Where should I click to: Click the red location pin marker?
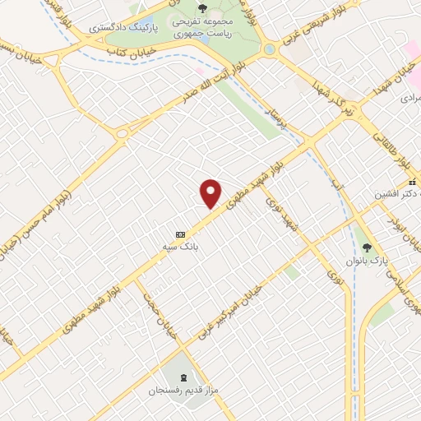tap(211, 192)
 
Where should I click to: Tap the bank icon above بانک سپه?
tap(181, 231)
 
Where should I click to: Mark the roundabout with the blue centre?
tap(269, 49)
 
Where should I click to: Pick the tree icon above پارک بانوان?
tap(367, 246)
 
